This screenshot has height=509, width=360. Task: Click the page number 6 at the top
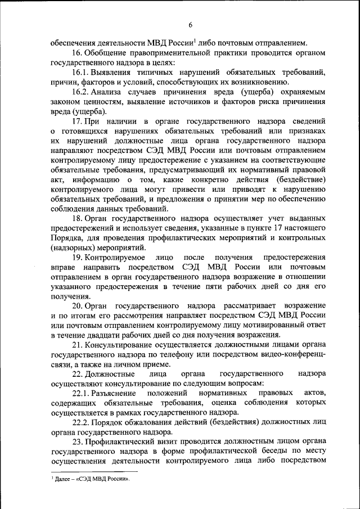[191, 25]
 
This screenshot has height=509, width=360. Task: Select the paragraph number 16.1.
[80, 73]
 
